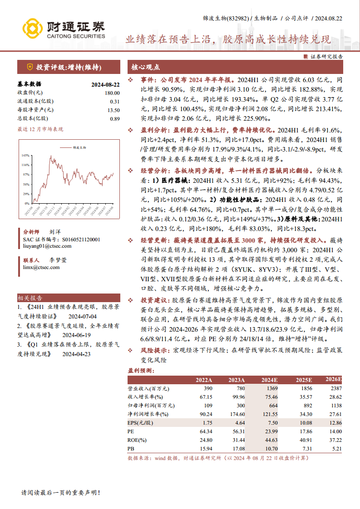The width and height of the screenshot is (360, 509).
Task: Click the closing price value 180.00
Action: pos(112,93)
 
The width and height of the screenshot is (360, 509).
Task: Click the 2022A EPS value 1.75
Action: pos(206,423)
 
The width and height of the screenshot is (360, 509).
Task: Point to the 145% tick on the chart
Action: pos(25,156)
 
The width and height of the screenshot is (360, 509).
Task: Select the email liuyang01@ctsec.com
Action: pos(47,246)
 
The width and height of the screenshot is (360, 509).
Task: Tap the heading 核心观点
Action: pos(146,67)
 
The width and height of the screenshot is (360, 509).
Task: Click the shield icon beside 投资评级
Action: pos(30,67)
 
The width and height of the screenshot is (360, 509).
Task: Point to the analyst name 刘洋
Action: pos(54,231)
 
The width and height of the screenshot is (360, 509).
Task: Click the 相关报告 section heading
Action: pos(30,298)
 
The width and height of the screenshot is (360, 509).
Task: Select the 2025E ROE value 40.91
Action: pos(304,440)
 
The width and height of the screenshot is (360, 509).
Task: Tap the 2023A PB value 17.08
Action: pos(237,449)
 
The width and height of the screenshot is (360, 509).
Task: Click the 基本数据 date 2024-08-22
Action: pos(105,84)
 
